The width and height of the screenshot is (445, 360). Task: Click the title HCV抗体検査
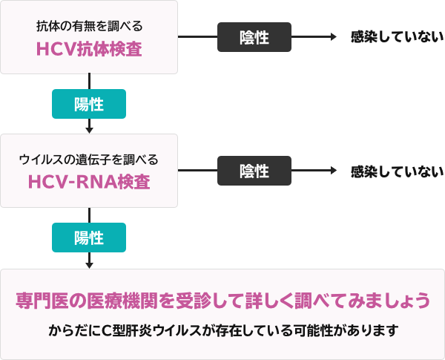pos(89,49)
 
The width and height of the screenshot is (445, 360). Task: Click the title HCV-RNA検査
pos(89,183)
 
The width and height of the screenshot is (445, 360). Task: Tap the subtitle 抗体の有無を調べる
pos(89,26)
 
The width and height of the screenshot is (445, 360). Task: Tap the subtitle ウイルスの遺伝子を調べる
pos(89,160)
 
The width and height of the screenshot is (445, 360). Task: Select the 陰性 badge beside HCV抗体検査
pos(254,38)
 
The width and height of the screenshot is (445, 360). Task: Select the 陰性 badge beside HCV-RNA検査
pos(254,171)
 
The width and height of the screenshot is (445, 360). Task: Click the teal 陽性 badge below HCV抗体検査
pos(89,105)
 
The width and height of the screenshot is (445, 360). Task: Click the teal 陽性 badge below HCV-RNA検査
pos(89,238)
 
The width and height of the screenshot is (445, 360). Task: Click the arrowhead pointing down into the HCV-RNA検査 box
pos(89,130)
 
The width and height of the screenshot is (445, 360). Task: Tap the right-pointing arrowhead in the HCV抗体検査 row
pos(334,38)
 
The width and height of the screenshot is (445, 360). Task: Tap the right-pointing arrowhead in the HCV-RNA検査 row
pos(334,171)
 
